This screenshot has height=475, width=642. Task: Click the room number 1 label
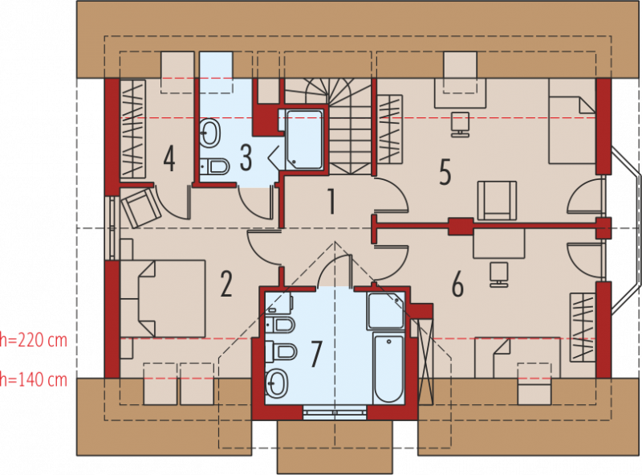click(332, 201)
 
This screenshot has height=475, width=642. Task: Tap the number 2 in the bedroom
click(226, 284)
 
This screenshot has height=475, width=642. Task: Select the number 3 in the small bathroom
click(246, 157)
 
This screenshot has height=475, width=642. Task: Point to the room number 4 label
click(169, 159)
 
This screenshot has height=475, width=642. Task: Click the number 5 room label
click(445, 172)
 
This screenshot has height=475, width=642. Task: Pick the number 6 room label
click(457, 285)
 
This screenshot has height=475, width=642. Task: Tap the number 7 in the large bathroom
click(315, 354)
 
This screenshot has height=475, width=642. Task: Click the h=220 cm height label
click(34, 340)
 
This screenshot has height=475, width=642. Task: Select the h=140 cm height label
click(34, 380)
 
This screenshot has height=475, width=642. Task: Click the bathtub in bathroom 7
click(388, 368)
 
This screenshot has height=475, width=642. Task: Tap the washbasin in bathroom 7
click(277, 383)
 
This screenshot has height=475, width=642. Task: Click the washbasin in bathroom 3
click(209, 133)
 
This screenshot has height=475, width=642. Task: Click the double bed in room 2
click(163, 299)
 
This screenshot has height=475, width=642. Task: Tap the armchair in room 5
click(497, 200)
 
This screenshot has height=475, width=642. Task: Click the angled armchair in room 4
click(140, 207)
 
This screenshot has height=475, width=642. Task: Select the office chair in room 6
click(499, 274)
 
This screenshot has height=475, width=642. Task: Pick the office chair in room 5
click(460, 125)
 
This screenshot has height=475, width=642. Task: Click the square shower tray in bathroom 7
click(386, 311)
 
